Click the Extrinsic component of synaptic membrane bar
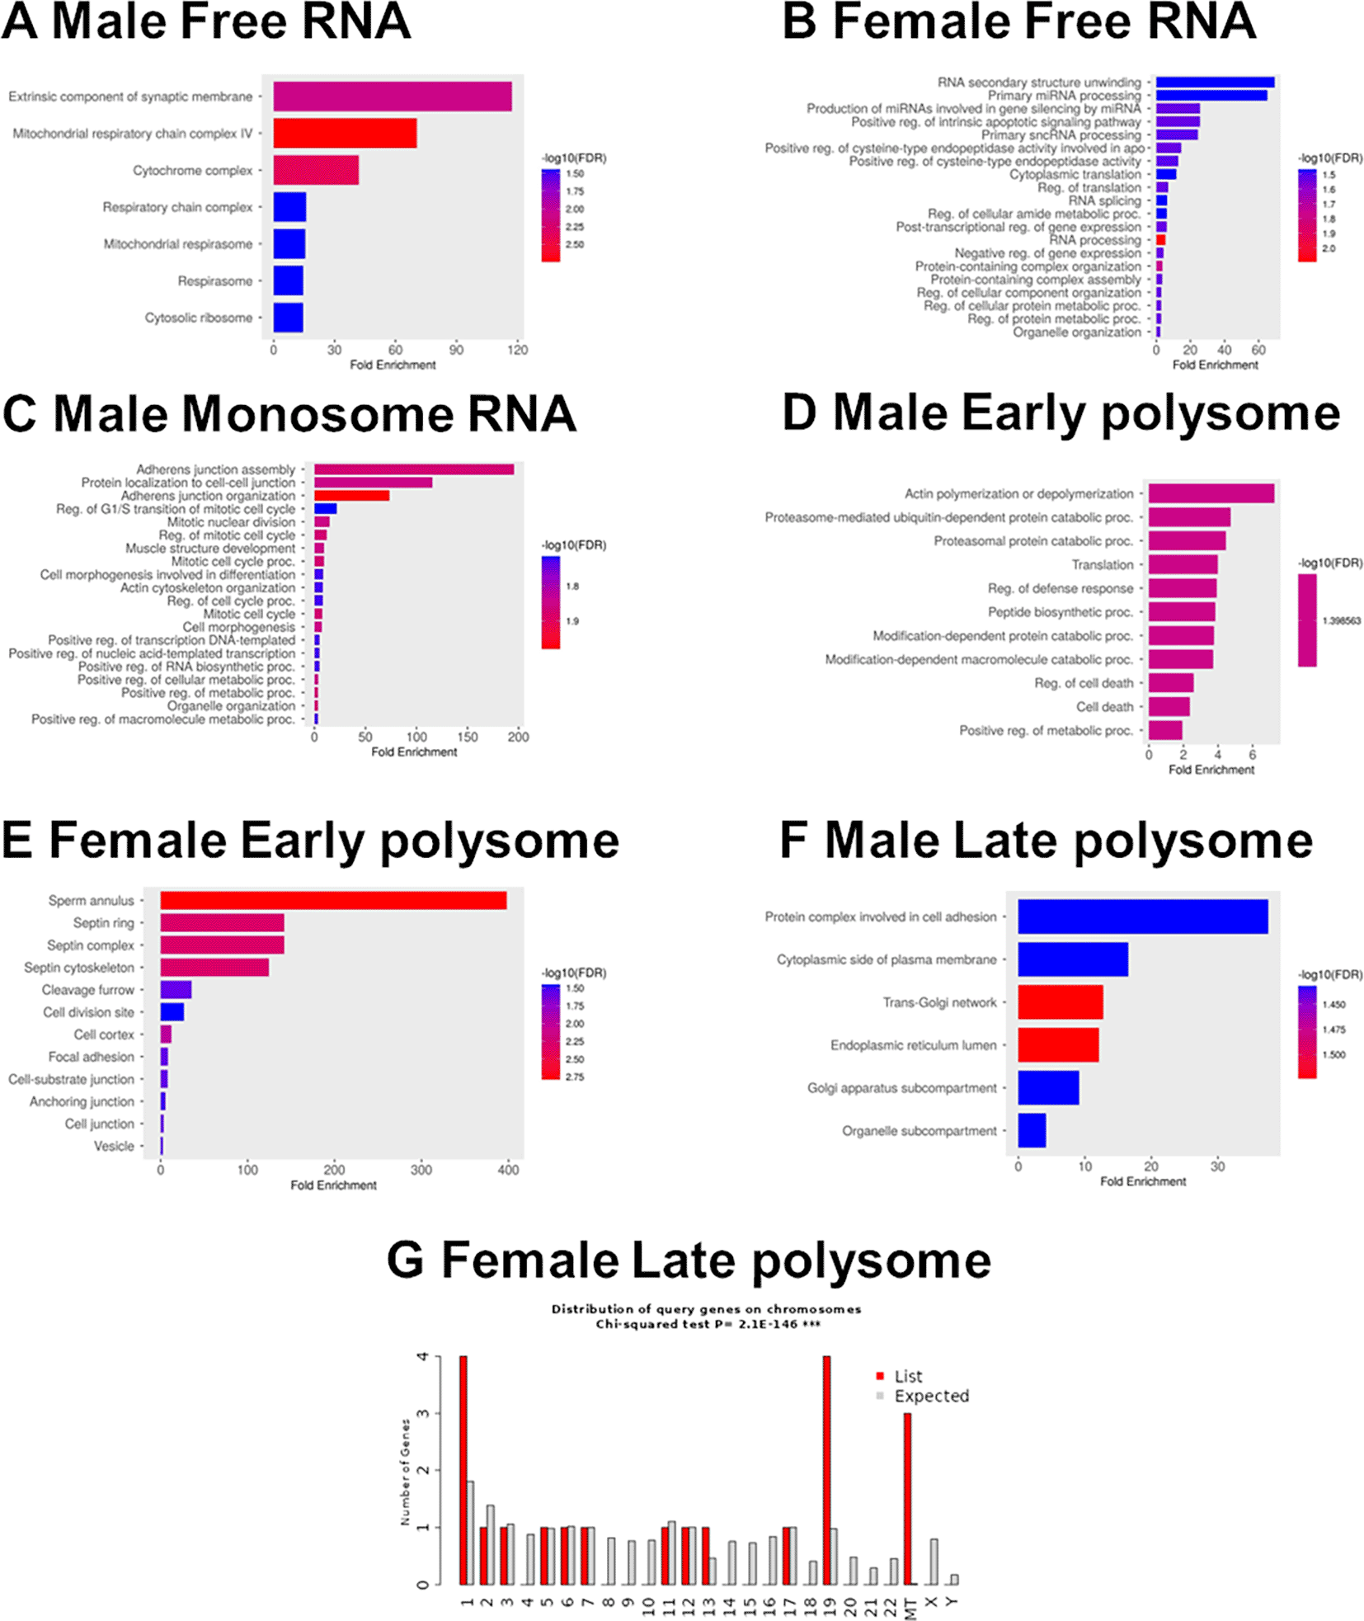click(393, 97)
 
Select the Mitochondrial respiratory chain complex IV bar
click(345, 133)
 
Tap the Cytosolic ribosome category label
click(199, 318)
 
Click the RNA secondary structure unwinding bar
click(1215, 82)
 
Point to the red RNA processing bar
click(1160, 240)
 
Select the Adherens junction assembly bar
click(414, 469)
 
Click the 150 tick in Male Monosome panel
click(468, 737)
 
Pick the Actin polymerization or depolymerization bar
click(1211, 493)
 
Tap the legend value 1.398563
click(1341, 620)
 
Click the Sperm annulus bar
click(333, 901)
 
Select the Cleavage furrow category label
click(88, 990)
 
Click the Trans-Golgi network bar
click(1060, 1002)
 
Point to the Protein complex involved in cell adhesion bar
click(1142, 917)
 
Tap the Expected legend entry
click(931, 1396)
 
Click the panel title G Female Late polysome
click(689, 1261)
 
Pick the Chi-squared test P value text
click(708, 1324)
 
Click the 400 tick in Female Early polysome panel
click(508, 1170)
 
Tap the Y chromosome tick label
click(952, 1601)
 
